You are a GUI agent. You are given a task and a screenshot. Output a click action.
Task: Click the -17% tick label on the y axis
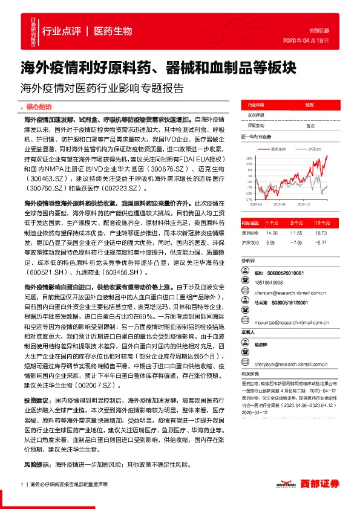pyautogui.click(x=248, y=199)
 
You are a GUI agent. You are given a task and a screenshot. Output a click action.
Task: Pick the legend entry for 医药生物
pyautogui.click(x=277, y=148)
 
